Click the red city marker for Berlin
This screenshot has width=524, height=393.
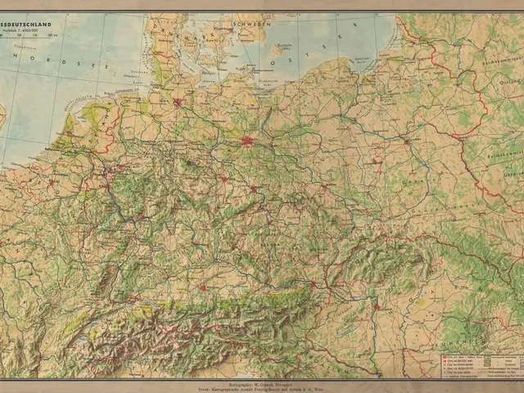247,141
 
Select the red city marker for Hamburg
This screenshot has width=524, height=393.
178,102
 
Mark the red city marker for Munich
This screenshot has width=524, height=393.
202,287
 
